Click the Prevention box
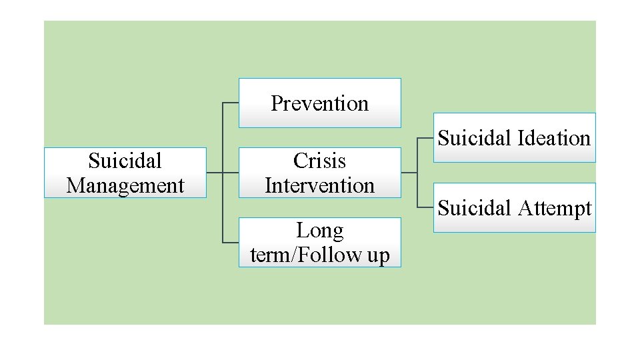point(320,103)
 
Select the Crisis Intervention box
point(320,173)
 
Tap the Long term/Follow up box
point(320,243)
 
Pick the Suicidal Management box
point(125,173)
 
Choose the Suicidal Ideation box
point(514,138)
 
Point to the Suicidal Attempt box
point(514,208)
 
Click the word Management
point(125,185)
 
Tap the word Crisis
point(320,161)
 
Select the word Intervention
point(320,185)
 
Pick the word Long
point(320,231)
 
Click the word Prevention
point(320,103)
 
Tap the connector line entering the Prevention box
point(231,103)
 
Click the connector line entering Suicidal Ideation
point(425,138)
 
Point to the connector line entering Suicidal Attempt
point(425,207)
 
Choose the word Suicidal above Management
point(125,161)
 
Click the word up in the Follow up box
point(377,256)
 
